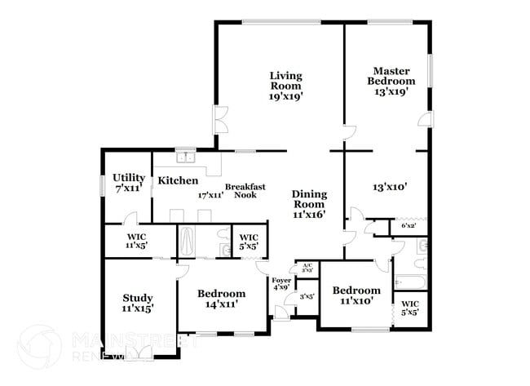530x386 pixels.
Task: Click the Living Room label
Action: point(286,86)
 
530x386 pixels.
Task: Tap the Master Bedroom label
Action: point(394,81)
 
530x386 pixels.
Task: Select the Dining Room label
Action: point(309,204)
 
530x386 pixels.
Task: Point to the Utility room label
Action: point(129,183)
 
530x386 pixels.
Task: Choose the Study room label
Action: point(138,303)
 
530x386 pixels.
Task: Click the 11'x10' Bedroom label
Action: point(356,295)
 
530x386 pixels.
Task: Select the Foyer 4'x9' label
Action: point(280,284)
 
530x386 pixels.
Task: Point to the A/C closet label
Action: point(307,267)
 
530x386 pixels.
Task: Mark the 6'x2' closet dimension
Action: point(409,225)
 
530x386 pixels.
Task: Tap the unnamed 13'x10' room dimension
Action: point(389,187)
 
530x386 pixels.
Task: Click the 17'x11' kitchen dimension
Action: point(210,195)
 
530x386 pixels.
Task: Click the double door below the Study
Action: point(139,352)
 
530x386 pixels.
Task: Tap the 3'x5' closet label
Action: point(307,296)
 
